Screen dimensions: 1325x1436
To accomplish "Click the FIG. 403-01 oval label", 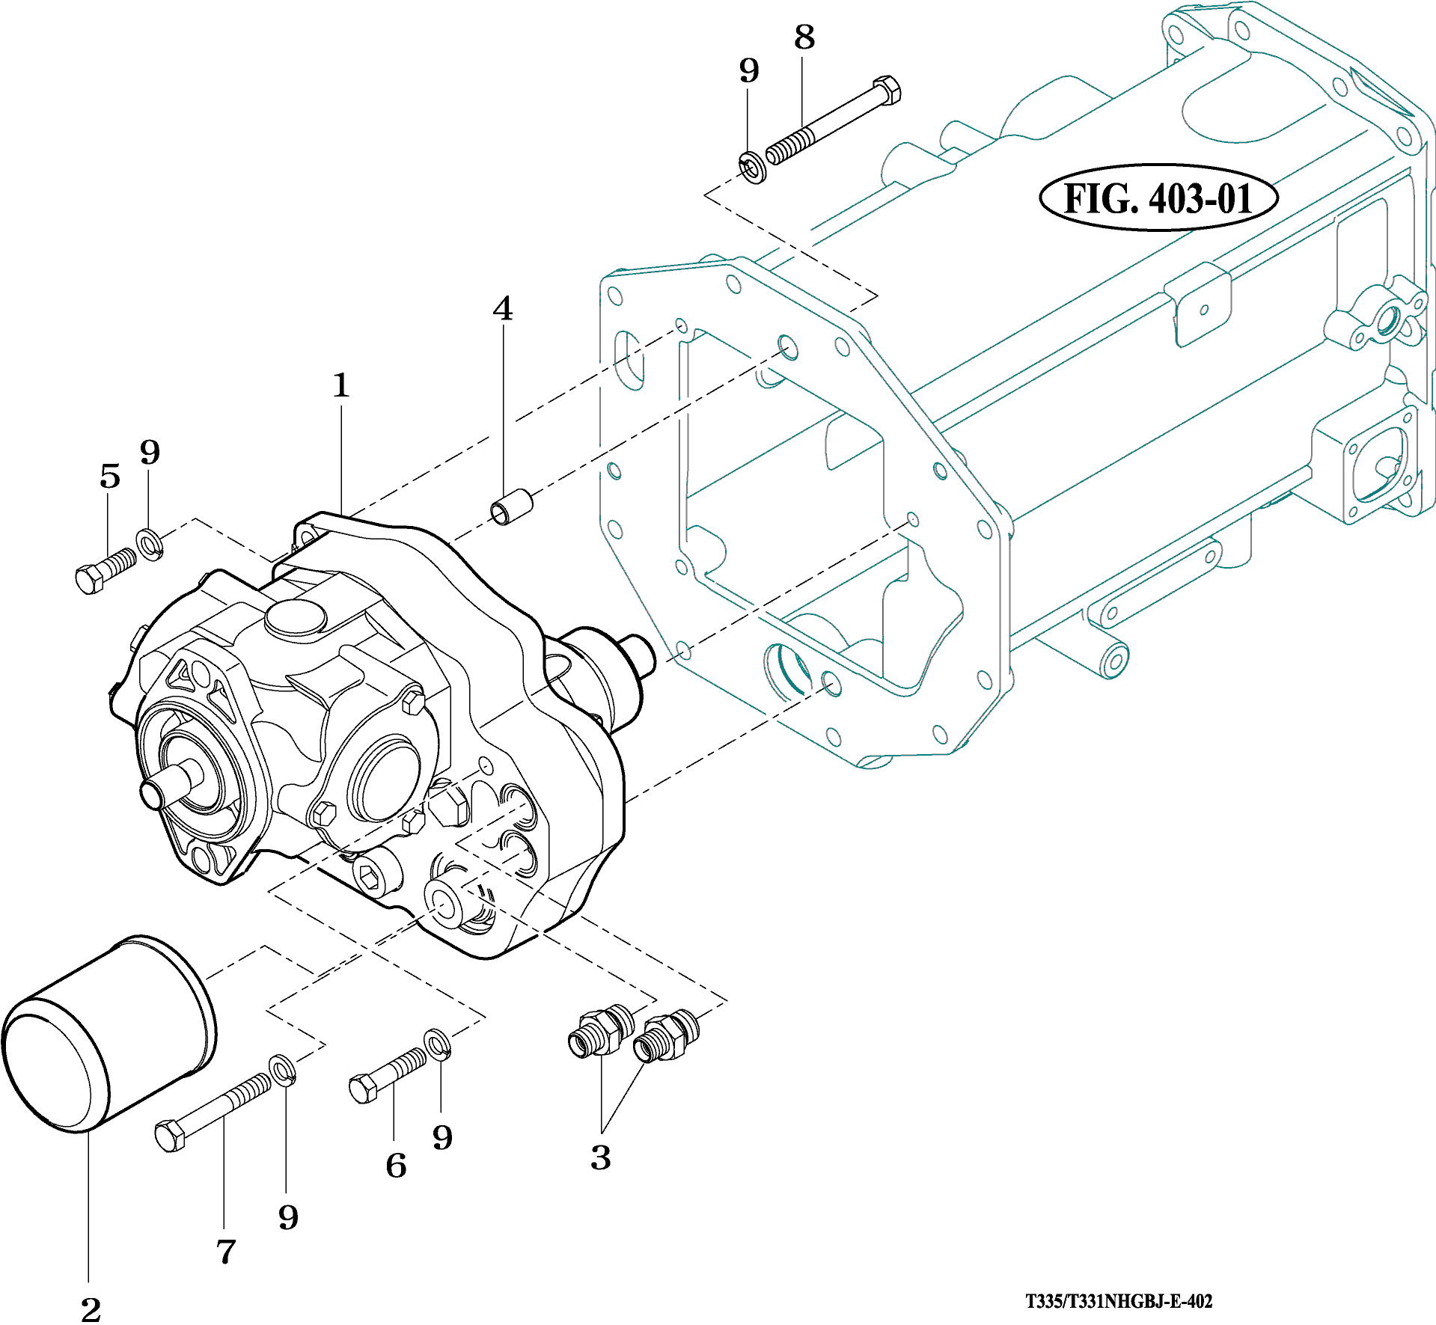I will coord(1158,198).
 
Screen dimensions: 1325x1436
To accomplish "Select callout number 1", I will coord(341,385).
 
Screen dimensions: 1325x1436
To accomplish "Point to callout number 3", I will coord(600,1157).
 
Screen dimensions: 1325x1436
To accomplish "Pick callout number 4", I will coord(503,308).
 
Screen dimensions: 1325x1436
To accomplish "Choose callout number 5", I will coord(110,476).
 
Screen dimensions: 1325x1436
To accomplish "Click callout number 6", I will coord(396,1165).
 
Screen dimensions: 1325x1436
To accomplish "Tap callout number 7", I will coord(226,1251).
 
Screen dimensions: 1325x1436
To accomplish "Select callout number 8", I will coord(804,37).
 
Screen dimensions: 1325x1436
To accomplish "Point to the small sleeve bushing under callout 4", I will coord(511,506).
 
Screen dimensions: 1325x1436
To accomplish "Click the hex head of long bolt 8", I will coord(887,89).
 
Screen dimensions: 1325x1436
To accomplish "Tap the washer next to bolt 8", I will coord(751,168).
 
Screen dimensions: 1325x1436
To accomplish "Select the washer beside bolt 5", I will coord(150,544).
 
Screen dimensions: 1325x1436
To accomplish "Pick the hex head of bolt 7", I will coord(170,1135).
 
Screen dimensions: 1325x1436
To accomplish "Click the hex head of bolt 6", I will coord(364,1088).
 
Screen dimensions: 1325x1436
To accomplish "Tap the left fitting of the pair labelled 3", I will coord(599,1031).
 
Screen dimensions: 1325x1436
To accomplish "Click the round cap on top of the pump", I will coord(296,617).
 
